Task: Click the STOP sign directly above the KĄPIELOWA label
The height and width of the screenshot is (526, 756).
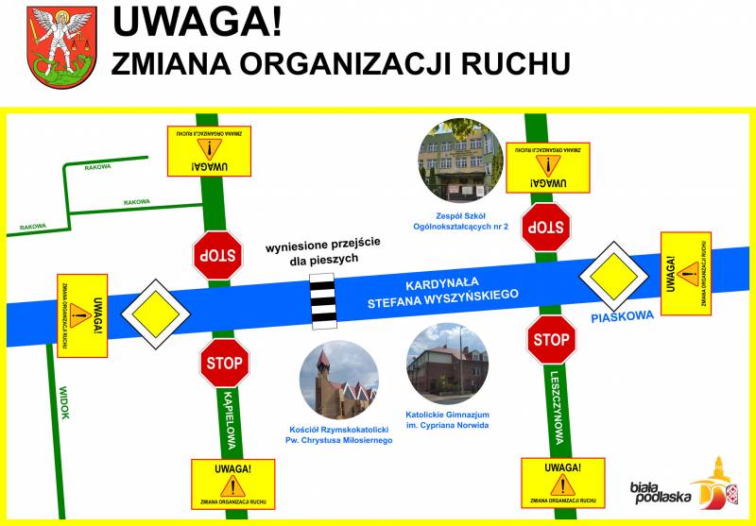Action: (223, 362)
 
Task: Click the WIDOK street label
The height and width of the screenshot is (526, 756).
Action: (63, 403)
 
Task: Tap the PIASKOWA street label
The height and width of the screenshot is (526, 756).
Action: (623, 317)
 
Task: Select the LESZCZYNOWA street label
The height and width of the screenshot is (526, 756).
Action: (558, 405)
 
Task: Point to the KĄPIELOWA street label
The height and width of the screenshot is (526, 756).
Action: (230, 419)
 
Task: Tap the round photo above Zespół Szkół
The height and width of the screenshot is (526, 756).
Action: (460, 161)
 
